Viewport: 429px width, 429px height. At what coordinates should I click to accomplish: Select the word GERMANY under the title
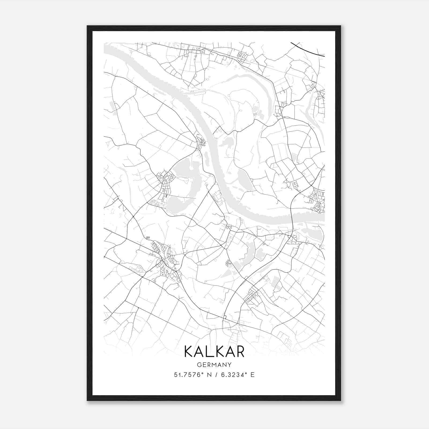pyautogui.click(x=214, y=365)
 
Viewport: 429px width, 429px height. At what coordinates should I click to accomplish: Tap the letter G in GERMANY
pyautogui.click(x=199, y=365)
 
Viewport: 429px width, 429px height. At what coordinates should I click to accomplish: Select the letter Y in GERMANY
pyautogui.click(x=230, y=365)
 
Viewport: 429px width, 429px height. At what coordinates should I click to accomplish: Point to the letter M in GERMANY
pyautogui.click(x=214, y=365)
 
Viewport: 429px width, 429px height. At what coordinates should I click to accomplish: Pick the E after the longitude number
pyautogui.click(x=252, y=375)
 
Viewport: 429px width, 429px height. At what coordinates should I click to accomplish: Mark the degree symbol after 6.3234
pyautogui.click(x=246, y=373)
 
